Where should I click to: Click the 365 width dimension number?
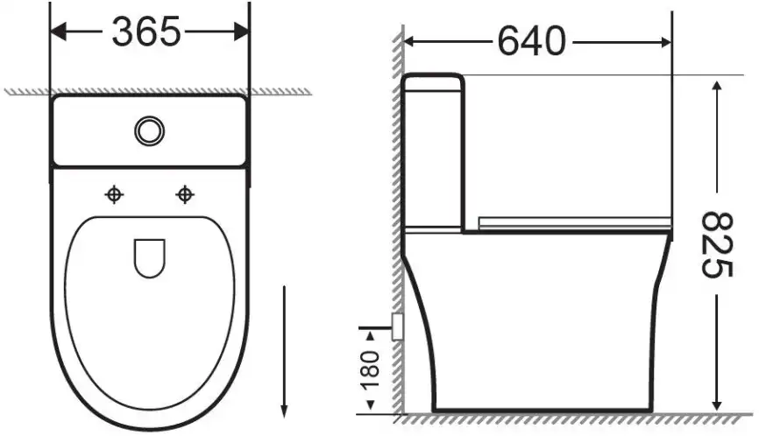pyautogui.click(x=146, y=32)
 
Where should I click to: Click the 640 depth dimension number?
pyautogui.click(x=531, y=41)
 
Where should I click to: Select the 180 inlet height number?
pyautogui.click(x=370, y=370)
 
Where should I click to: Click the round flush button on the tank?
pyautogui.click(x=150, y=130)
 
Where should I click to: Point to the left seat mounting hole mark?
pyautogui.click(x=114, y=195)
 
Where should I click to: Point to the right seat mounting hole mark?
pyautogui.click(x=184, y=195)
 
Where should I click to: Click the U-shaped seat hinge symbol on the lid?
pyautogui.click(x=150, y=258)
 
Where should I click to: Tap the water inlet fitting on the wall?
pyautogui.click(x=397, y=327)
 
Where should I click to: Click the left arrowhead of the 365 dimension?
pyautogui.click(x=58, y=32)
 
